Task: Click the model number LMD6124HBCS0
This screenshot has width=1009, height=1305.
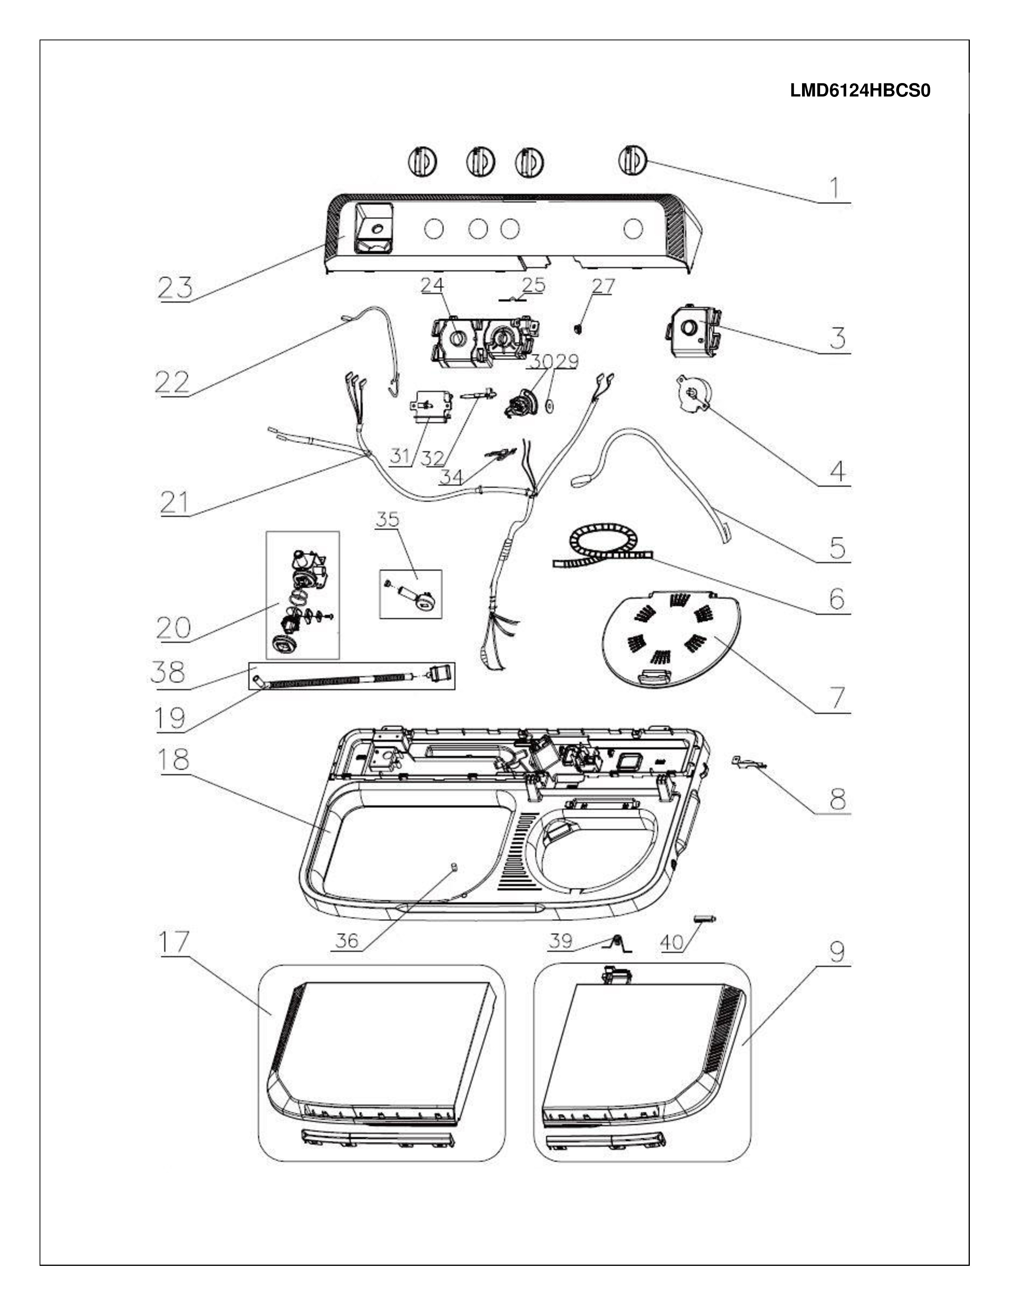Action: [860, 91]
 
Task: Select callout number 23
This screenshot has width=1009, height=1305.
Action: [176, 287]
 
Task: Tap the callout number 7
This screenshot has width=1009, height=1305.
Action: [837, 698]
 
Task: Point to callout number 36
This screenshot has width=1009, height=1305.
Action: [347, 941]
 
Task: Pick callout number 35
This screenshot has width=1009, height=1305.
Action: [387, 519]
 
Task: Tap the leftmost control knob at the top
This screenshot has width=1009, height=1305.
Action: [423, 161]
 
